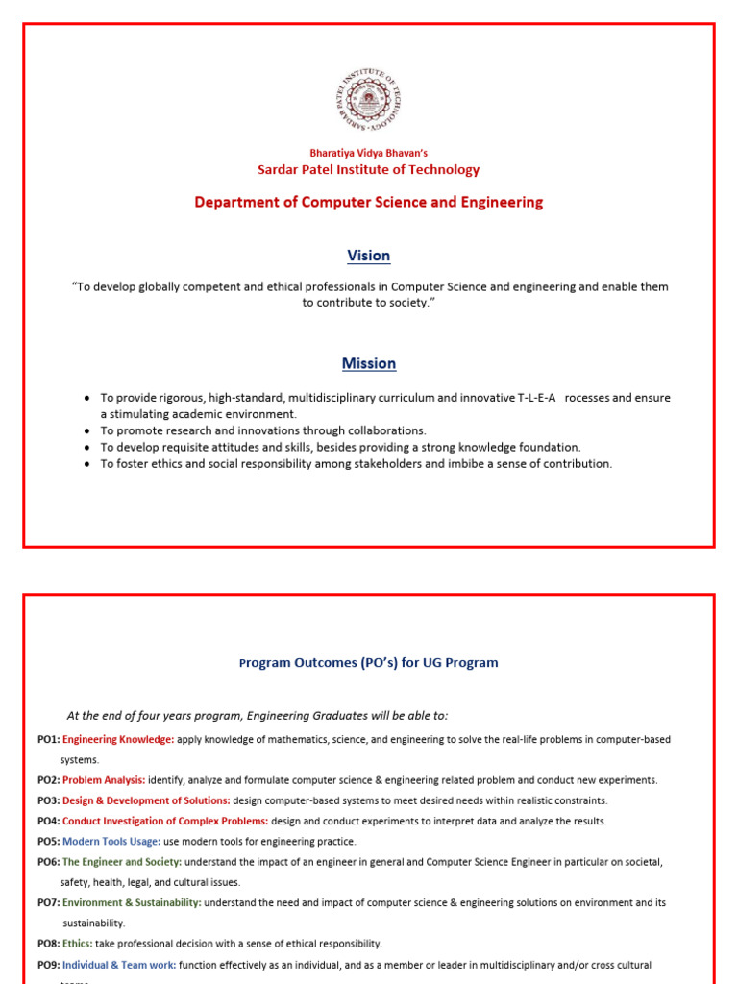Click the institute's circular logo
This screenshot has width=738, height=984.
(369, 101)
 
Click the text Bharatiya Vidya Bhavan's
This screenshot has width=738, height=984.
(369, 153)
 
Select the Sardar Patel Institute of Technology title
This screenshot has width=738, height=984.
(369, 170)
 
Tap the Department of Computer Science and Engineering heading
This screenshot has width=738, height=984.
(369, 202)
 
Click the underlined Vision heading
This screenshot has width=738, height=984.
(369, 256)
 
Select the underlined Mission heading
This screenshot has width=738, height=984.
(369, 363)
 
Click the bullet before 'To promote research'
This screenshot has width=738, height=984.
(87, 431)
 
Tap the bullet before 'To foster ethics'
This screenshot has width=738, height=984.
(87, 464)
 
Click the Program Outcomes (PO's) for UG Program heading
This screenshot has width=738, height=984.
(369, 663)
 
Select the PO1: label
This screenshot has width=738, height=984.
(49, 740)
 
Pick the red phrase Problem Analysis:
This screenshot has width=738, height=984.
(104, 780)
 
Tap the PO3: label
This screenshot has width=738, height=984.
(49, 800)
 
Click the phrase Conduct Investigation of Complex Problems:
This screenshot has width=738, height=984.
(165, 822)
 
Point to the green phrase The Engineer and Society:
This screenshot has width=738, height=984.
(122, 862)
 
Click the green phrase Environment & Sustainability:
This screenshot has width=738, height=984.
(132, 903)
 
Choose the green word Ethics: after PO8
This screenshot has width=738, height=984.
(78, 944)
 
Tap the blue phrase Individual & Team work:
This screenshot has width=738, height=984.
(119, 965)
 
